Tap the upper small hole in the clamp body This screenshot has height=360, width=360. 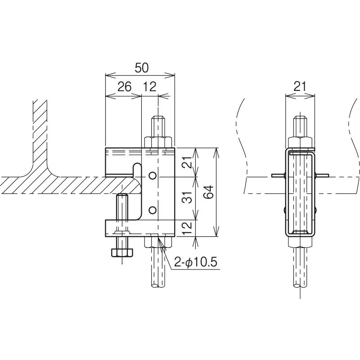153,175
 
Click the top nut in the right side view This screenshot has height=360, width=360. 301,142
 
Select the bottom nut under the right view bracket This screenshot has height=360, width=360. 301,242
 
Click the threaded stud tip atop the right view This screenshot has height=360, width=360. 301,121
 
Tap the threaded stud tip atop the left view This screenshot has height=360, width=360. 158,121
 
